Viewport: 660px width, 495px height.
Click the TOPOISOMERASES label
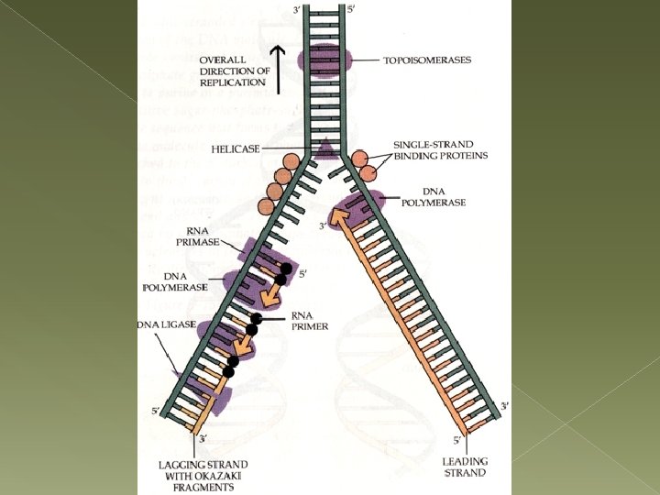tap(428, 60)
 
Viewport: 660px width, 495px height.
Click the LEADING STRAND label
tap(466, 467)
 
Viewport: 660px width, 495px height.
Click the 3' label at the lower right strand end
tap(504, 404)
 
